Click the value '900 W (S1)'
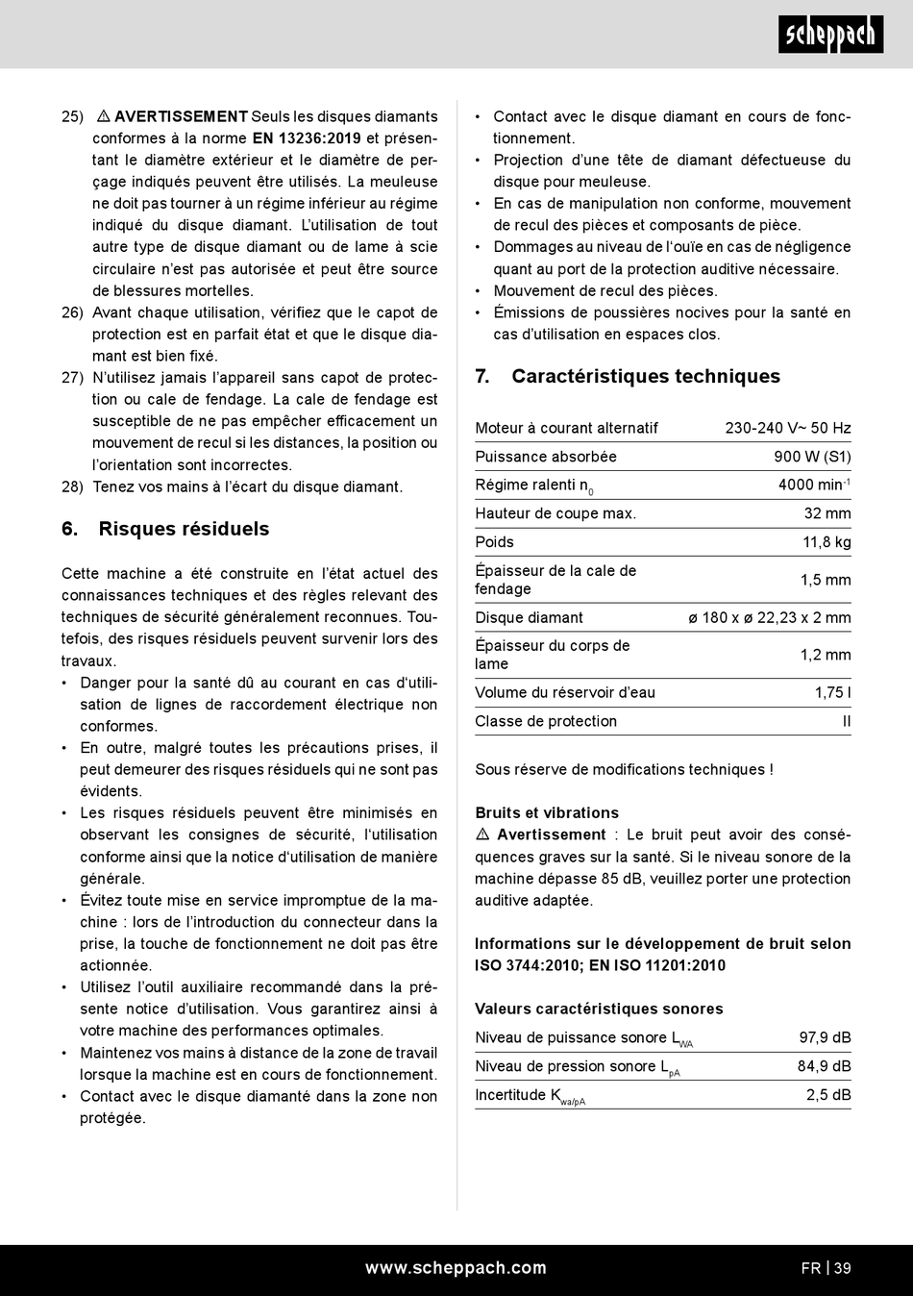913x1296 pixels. pos(812,457)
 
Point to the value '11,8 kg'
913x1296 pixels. pos(827,542)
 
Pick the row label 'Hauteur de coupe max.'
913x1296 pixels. pos(555,513)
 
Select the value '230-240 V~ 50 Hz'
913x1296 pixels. pos(788,428)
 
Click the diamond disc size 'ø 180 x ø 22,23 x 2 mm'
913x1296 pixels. pos(770,617)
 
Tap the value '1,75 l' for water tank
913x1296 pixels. pos(832,692)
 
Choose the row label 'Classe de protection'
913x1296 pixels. pos(546,721)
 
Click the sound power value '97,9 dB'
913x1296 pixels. pos(825,1037)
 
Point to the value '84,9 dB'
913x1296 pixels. pos(825,1066)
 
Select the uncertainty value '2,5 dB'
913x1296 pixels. pos(828,1094)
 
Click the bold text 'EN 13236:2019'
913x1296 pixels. pos(307,138)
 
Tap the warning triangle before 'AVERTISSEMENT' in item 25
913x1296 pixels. pos(104,116)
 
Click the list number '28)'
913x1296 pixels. pos(72,486)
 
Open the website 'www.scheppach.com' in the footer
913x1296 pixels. pos(456,1268)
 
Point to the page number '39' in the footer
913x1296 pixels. pos(842,1268)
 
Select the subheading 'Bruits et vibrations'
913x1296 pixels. pos(547,812)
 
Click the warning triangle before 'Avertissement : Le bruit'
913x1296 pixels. pos(482,835)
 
